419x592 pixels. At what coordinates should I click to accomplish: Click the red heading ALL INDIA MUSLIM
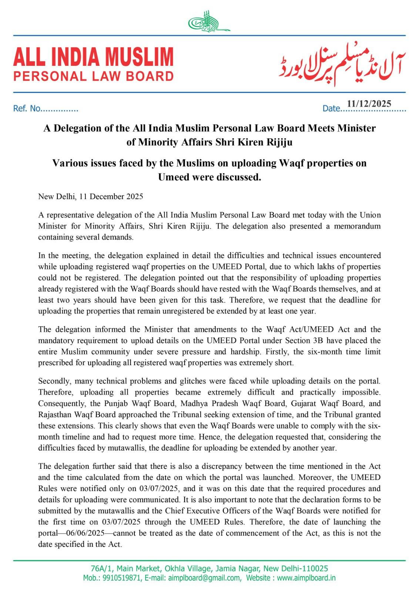tap(93, 57)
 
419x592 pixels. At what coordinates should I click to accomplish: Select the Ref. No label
tap(27, 109)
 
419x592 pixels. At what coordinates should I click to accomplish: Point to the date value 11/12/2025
tap(369, 104)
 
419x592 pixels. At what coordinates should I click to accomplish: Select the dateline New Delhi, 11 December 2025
tap(91, 196)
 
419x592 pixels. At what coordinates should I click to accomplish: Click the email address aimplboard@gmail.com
tap(204, 578)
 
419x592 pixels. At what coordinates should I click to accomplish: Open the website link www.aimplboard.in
tap(306, 578)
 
